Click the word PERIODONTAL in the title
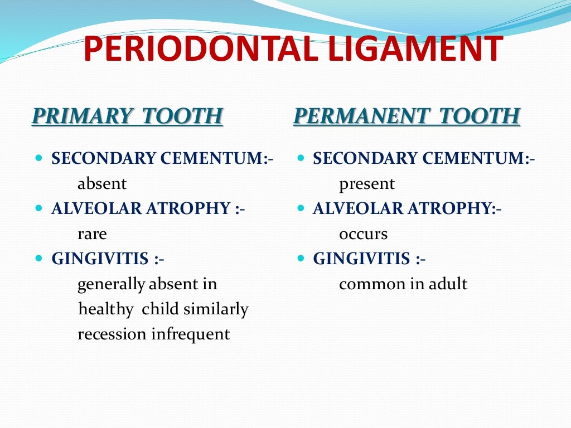[199, 49]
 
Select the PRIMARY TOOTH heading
[128, 116]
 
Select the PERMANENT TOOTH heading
[407, 116]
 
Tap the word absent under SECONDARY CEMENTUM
[102, 184]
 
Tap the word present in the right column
[367, 184]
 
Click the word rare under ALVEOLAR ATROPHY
[92, 234]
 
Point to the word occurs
[363, 234]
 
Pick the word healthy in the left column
[106, 309]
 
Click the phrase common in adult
[403, 284]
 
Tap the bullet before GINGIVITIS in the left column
[38, 259]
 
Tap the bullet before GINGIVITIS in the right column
[301, 259]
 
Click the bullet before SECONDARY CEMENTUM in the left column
[38, 159]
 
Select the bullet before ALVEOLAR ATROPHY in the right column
[301, 209]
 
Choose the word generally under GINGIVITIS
[111, 285]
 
